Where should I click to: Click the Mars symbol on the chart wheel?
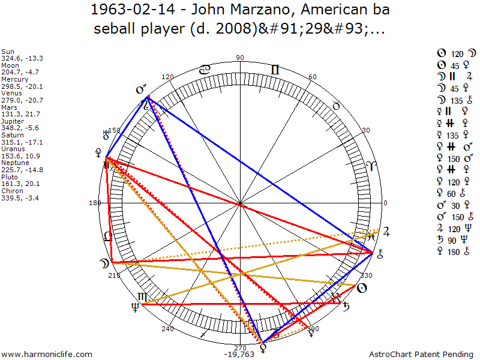pyautogui.click(x=142, y=90)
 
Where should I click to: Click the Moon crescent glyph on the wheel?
pyautogui.click(x=104, y=263)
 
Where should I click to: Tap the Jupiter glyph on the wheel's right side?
pyautogui.click(x=386, y=231)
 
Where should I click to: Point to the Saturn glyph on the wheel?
pyautogui.click(x=346, y=307)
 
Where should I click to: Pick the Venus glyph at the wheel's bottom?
pyautogui.click(x=262, y=347)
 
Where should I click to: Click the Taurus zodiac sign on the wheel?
pyautogui.click(x=337, y=106)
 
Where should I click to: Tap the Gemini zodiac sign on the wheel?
pyautogui.click(x=275, y=70)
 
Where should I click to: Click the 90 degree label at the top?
pyautogui.click(x=241, y=58)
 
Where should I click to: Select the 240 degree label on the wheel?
pyautogui.click(x=167, y=329)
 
